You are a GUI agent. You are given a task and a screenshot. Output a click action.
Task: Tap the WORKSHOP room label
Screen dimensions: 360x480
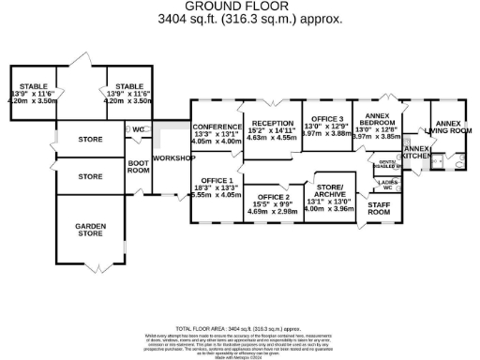point(173,158)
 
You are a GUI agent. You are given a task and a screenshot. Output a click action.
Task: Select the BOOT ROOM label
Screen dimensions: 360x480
point(139,166)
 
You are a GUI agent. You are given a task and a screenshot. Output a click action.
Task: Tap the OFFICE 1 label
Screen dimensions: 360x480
point(217,179)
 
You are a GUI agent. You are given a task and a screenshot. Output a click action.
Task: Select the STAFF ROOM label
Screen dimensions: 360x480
point(379,208)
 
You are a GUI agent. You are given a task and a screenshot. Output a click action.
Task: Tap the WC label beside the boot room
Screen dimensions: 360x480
point(138,129)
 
